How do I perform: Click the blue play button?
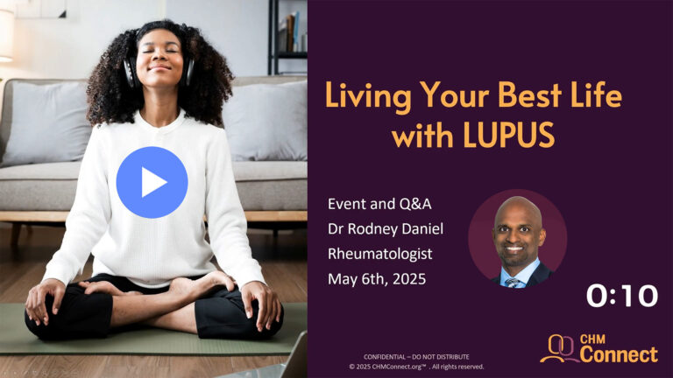click(152, 182)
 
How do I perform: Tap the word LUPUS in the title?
click(509, 135)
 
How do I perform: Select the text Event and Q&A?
click(379, 204)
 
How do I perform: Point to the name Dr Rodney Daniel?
click(386, 229)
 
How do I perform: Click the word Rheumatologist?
click(379, 254)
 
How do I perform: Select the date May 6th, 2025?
click(377, 279)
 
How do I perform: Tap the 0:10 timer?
click(622, 296)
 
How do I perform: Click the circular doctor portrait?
click(518, 238)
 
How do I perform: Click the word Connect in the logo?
click(619, 354)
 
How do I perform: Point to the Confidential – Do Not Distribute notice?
click(416, 357)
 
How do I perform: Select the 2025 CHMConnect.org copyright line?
click(416, 367)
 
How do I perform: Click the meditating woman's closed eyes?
click(159, 51)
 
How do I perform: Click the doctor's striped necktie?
click(512, 283)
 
